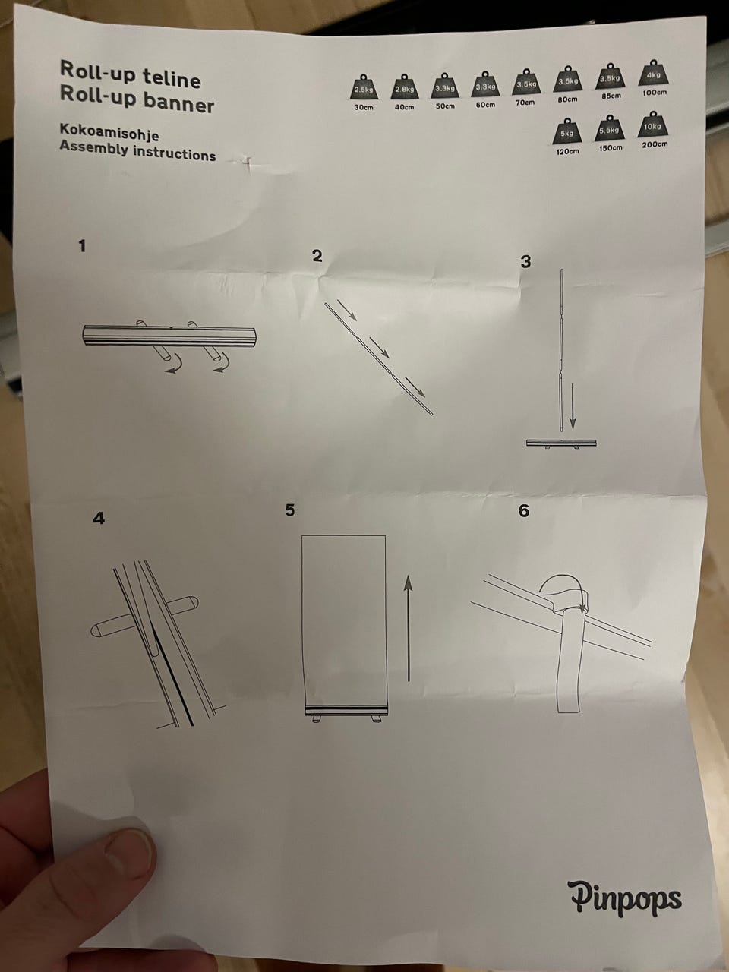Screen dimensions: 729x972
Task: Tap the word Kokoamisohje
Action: (109, 132)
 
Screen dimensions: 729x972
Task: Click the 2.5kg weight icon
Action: (363, 87)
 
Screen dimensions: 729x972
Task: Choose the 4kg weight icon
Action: (653, 73)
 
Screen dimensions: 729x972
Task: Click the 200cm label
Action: (655, 144)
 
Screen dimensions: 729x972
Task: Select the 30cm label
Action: (363, 107)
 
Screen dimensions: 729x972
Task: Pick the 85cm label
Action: (611, 96)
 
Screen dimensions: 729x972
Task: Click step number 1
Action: (82, 246)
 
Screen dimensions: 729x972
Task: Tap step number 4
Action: (98, 518)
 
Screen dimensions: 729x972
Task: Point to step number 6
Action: (524, 510)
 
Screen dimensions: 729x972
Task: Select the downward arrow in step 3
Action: (573, 406)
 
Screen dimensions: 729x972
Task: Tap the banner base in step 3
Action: (561, 443)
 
